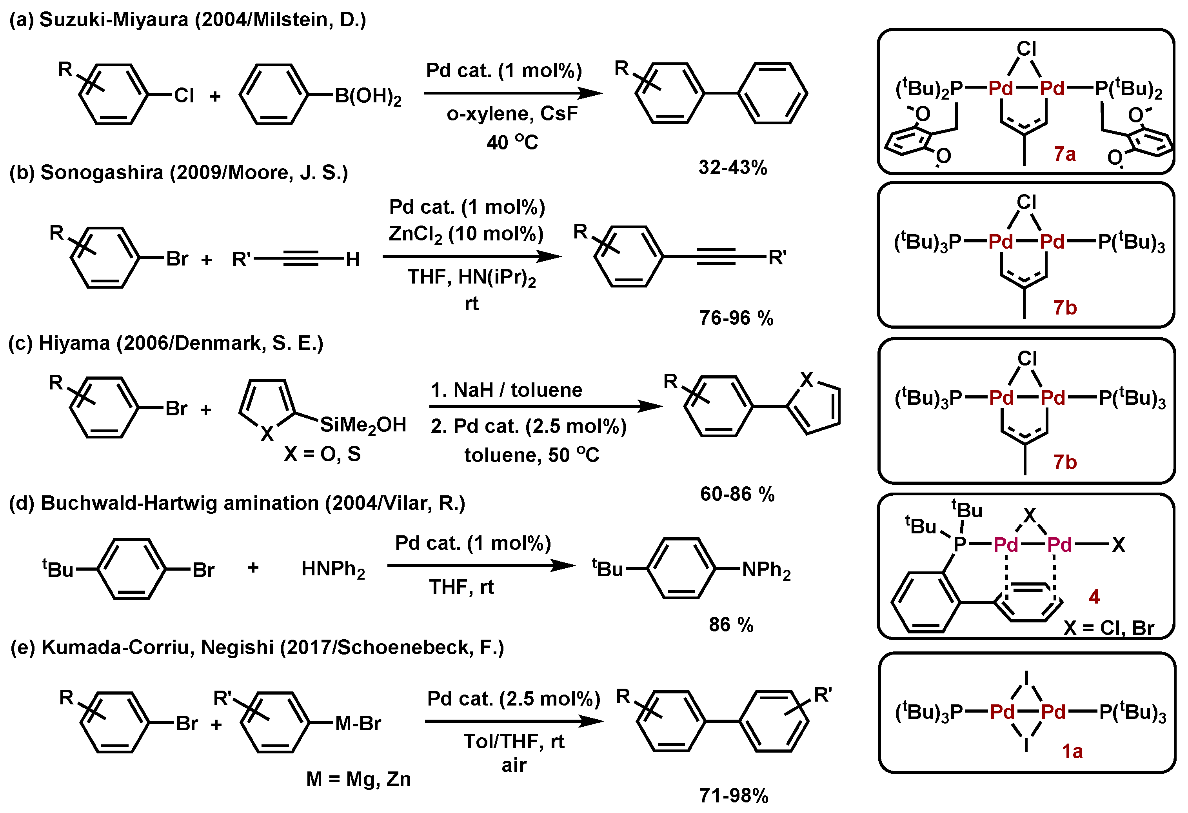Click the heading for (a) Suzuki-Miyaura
coord(187,20)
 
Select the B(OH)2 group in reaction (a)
coord(367,96)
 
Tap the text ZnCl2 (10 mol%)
coord(466,234)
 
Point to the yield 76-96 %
coord(736,318)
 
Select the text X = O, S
coord(323,453)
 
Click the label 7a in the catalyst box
coord(1065,153)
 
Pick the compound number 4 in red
coord(1094,596)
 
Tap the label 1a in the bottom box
coord(1072,751)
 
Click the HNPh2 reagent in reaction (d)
coord(333,569)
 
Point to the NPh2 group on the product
coord(766,569)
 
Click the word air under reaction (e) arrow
coord(514,765)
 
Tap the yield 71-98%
coord(734,796)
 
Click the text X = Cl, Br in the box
coord(1108,627)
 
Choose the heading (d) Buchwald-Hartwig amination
coord(237,503)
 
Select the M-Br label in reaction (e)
coord(358,724)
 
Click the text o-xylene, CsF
coord(512,113)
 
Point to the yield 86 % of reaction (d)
coord(731,624)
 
